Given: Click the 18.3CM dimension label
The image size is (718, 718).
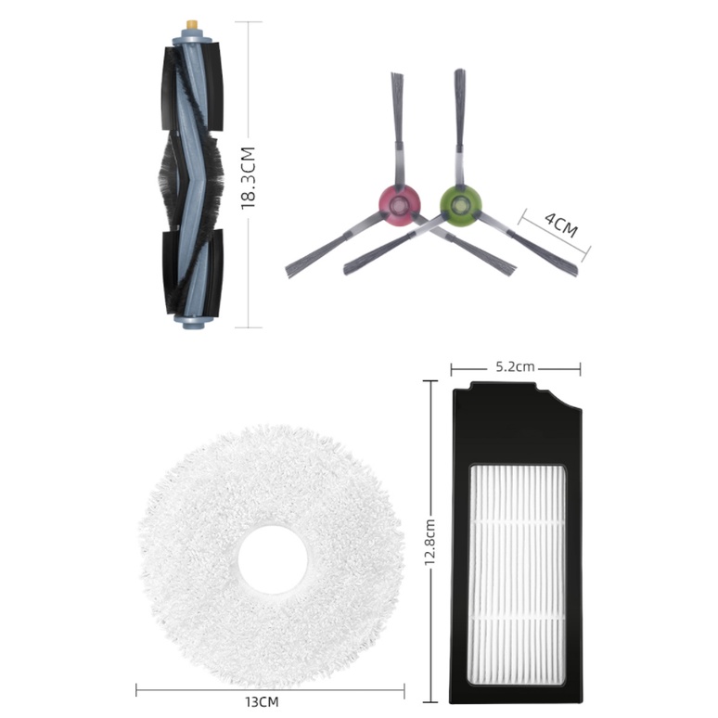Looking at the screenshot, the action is coord(248,178).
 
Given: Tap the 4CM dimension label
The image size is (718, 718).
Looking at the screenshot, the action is coord(561,224).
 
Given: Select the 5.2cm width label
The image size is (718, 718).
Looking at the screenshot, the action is coord(515,366).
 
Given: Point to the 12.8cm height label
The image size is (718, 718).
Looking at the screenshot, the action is coord(430,542).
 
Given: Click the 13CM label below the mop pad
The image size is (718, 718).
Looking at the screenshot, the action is coord(262,701).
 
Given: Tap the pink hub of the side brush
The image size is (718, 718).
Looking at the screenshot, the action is coord(399,204).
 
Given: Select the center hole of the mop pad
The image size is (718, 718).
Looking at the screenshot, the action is coord(273,559).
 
